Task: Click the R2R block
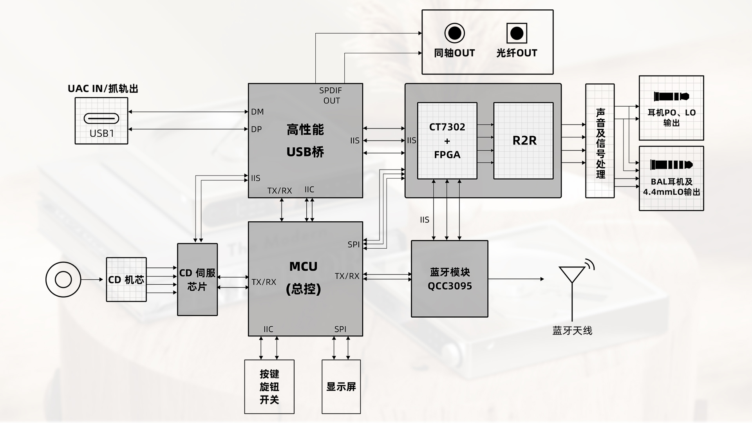click(x=523, y=141)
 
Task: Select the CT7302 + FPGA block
click(x=447, y=141)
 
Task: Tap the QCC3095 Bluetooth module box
click(x=450, y=279)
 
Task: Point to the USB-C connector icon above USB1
click(x=101, y=118)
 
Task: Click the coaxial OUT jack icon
click(x=454, y=33)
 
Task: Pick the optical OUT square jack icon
click(x=517, y=33)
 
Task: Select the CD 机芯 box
click(x=126, y=280)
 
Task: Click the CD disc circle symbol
click(x=63, y=280)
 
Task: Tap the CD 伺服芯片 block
click(x=197, y=280)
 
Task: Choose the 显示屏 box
click(x=341, y=387)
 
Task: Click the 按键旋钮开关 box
click(x=269, y=387)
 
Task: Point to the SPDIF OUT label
click(x=331, y=96)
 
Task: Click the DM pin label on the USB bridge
click(x=257, y=112)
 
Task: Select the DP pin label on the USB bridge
click(x=257, y=129)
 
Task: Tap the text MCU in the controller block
click(x=303, y=267)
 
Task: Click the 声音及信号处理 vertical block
click(x=600, y=141)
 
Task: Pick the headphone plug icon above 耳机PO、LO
click(x=671, y=96)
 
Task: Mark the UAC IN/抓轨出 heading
click(x=103, y=89)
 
